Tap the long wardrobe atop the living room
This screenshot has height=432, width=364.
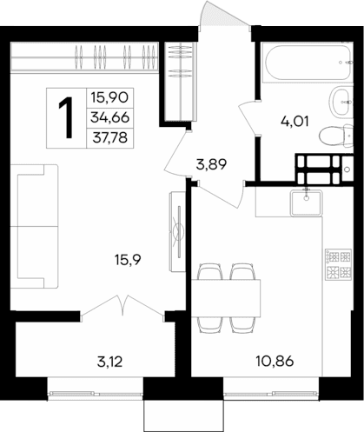(87, 61)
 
